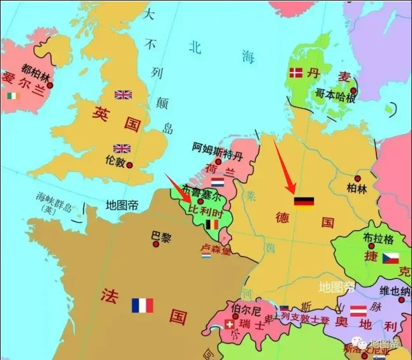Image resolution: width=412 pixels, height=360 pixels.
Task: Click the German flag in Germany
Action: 304,202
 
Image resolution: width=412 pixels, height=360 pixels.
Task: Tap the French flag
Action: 143,305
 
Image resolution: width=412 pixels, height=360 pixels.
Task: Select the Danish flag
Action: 295,73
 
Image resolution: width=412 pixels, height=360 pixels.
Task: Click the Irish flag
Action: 13,96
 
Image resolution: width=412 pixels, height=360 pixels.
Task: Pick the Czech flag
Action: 390,258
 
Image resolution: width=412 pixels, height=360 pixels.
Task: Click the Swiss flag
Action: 229,326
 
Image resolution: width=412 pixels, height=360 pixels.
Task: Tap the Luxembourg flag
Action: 206,256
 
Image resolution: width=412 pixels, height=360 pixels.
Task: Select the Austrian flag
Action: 358,311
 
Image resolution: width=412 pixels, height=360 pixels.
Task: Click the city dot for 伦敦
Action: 129,165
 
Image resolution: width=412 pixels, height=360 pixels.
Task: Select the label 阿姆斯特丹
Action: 217,147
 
